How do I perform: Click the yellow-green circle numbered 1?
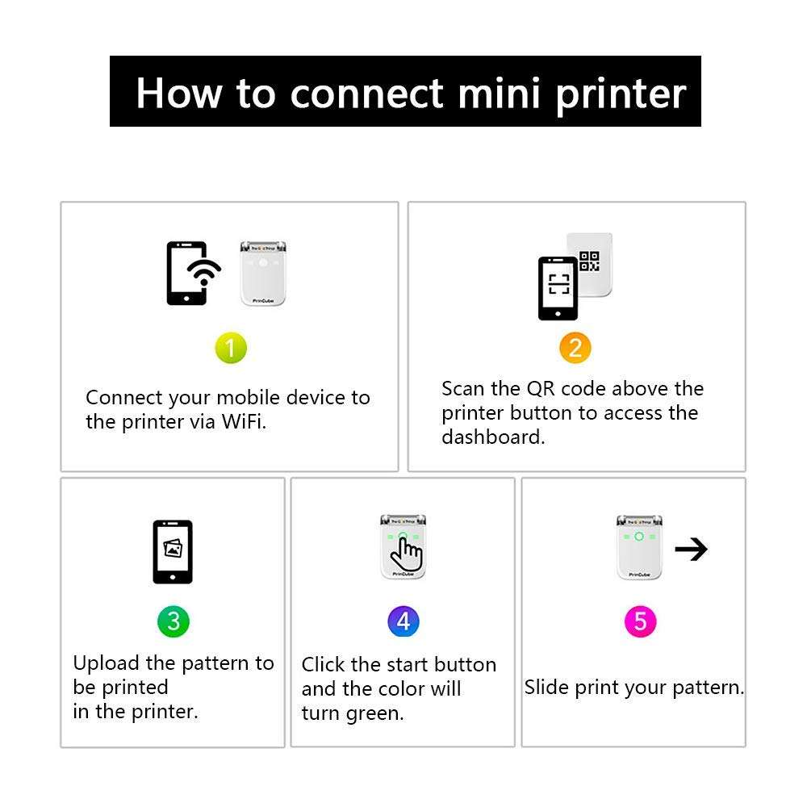[231, 349]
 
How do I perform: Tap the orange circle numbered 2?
[575, 348]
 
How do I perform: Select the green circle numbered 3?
[174, 621]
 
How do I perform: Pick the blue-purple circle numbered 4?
[403, 621]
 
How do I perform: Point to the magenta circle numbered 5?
[641, 621]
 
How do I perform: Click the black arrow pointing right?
[691, 550]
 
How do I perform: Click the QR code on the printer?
[590, 261]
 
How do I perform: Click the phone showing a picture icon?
[173, 551]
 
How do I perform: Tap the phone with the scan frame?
[558, 288]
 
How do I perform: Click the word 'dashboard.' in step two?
[493, 437]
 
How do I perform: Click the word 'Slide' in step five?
[546, 688]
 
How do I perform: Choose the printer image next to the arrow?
[639, 546]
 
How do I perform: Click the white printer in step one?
[264, 273]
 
